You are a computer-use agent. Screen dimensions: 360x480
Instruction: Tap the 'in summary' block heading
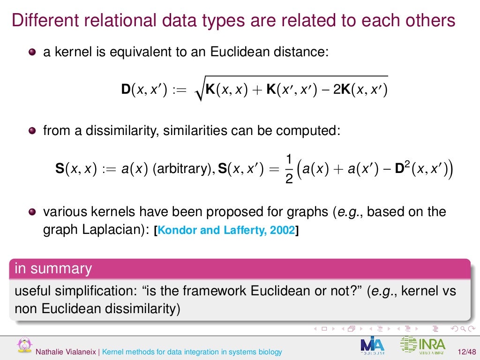click(53, 269)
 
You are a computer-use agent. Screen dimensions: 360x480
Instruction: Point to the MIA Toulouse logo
click(373, 345)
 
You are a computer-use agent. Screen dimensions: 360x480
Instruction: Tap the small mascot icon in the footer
click(22, 345)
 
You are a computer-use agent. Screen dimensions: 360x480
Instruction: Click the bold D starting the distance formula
click(125, 89)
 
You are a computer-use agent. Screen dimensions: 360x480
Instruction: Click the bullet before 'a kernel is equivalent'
click(31, 52)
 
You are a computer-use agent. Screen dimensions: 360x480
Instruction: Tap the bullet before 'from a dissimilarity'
click(31, 131)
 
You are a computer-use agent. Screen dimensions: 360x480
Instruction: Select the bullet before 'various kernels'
click(31, 212)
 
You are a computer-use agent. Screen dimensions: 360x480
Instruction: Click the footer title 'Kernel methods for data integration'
click(192, 352)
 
